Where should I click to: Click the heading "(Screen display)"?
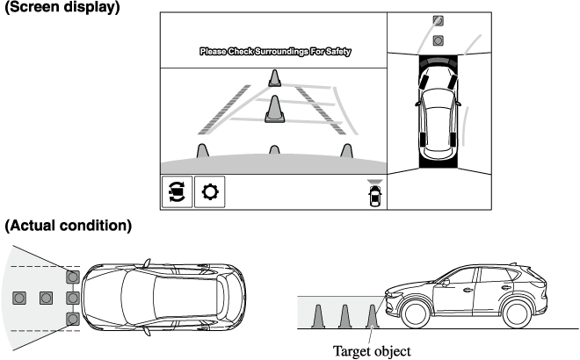coord(62,7)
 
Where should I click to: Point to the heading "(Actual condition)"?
coord(69,226)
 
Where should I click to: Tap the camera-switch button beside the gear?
coord(176,191)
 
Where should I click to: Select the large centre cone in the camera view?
coord(274,110)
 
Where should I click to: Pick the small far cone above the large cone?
coord(274,78)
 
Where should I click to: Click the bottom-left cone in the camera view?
coord(202,151)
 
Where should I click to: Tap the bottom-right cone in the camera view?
coord(346,151)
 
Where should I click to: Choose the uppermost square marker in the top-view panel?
coord(439,21)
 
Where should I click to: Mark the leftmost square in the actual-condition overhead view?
coord(19,298)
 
